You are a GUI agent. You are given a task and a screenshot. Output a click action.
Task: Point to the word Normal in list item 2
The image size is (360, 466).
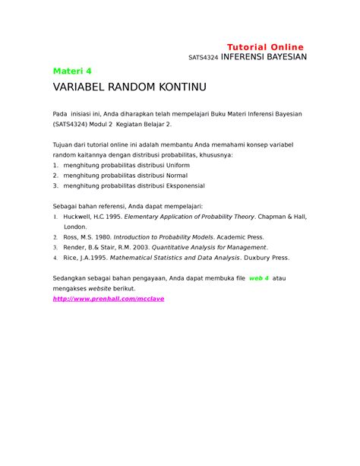tap(178, 174)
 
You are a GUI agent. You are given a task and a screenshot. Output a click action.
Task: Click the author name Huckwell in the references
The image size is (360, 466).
tap(82, 216)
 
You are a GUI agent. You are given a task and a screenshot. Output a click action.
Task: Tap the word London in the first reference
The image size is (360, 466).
tap(75, 226)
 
